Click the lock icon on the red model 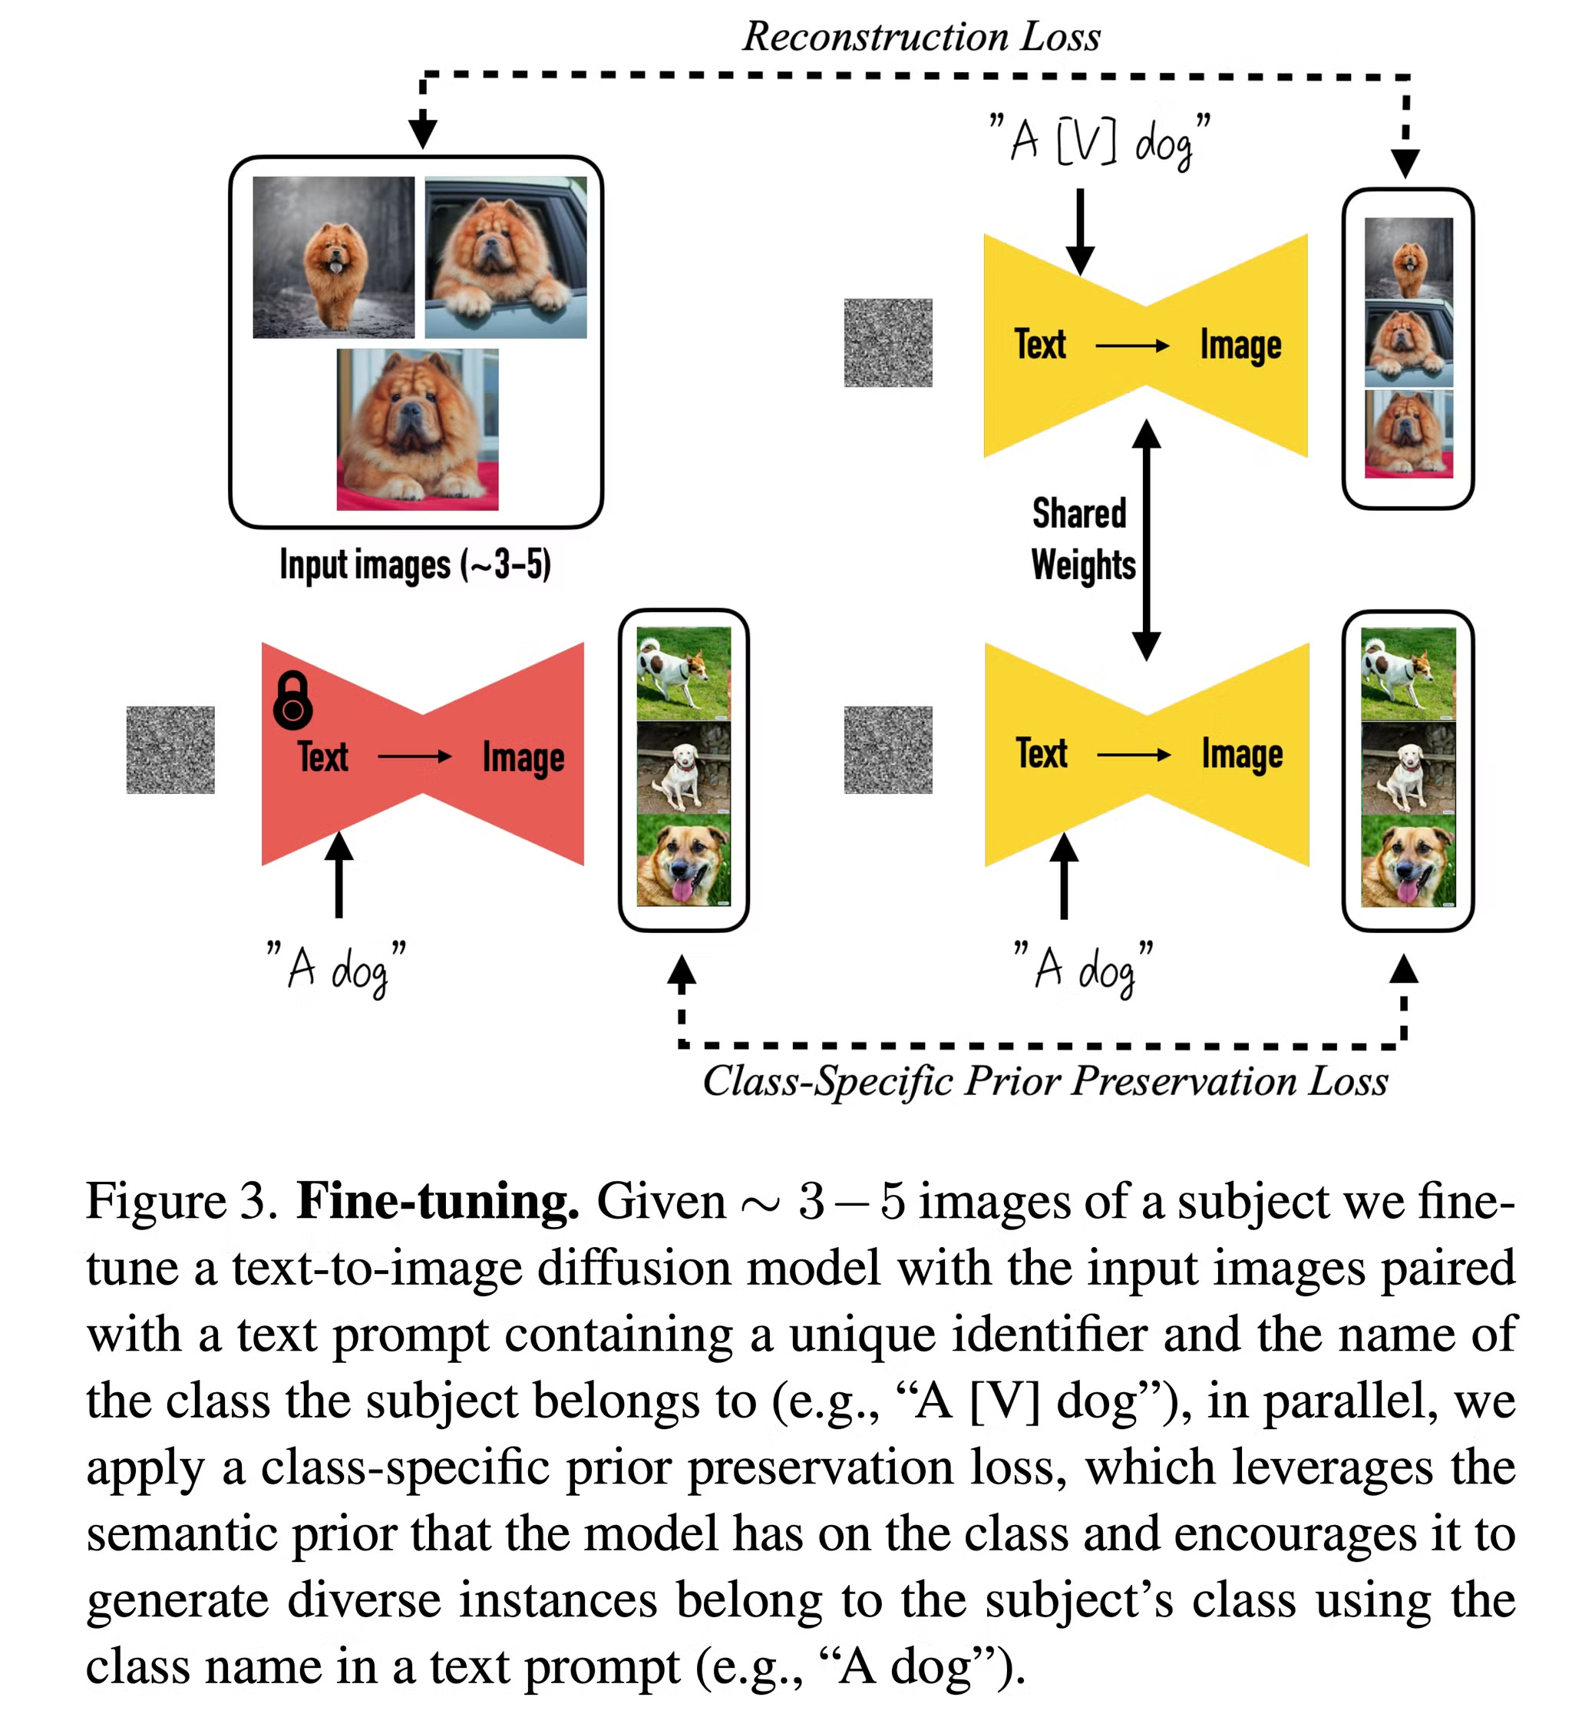pos(292,700)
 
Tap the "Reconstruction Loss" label pos(920,37)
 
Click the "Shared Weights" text pos(1082,539)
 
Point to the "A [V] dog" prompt pos(1099,141)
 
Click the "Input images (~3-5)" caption pos(415,564)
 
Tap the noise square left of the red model pos(170,749)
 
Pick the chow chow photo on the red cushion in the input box pos(418,429)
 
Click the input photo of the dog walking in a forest pos(333,257)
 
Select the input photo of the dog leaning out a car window pos(505,257)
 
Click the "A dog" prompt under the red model pos(336,968)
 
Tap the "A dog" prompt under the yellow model pos(1083,968)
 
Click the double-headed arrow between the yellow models pos(1146,540)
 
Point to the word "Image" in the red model pos(523,757)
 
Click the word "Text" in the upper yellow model pos(1040,345)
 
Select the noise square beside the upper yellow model pos(887,342)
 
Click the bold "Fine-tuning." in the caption pos(438,1202)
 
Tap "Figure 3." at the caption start pos(181,1202)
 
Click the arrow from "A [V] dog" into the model pos(1080,230)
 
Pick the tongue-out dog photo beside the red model pos(683,860)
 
